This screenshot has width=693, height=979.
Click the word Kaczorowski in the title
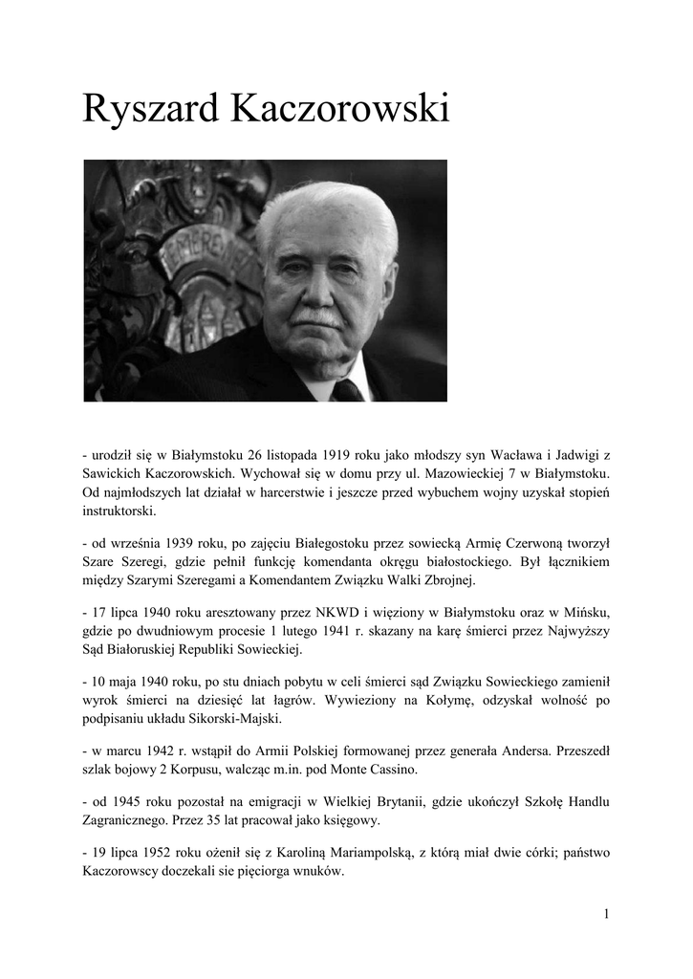[339, 109]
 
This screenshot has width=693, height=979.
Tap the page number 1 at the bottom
[605, 914]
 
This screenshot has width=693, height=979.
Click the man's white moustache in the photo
[317, 316]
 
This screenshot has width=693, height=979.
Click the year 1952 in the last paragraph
[164, 850]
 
